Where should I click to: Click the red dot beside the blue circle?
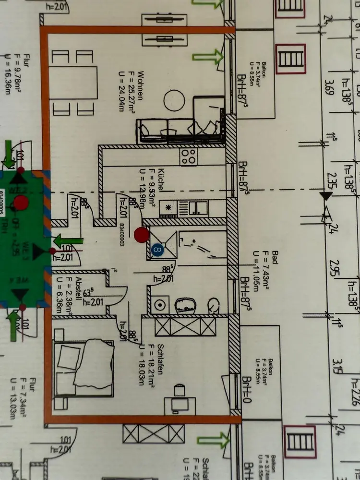click(x=141, y=235)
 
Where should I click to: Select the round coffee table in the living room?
click(x=174, y=100)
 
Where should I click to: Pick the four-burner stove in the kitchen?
click(x=188, y=155)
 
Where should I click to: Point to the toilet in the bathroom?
click(x=214, y=304)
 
